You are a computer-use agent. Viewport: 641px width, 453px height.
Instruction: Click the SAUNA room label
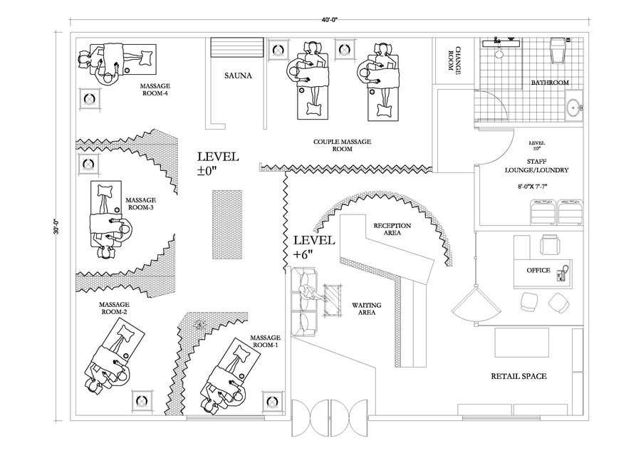click(x=238, y=75)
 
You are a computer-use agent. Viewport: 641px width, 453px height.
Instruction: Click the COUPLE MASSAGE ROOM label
click(x=343, y=146)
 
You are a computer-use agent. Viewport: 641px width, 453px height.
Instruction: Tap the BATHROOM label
click(x=550, y=83)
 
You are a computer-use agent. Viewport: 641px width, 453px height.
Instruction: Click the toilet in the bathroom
click(x=558, y=52)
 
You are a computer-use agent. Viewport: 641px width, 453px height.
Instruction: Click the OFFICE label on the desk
click(x=538, y=271)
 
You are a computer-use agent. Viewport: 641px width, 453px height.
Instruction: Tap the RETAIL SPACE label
click(x=518, y=376)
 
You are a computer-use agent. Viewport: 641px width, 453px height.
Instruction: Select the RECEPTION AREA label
click(x=392, y=229)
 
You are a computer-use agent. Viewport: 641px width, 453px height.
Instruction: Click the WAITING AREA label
click(x=367, y=308)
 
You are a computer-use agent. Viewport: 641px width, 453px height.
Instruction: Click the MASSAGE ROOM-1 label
click(x=265, y=341)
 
